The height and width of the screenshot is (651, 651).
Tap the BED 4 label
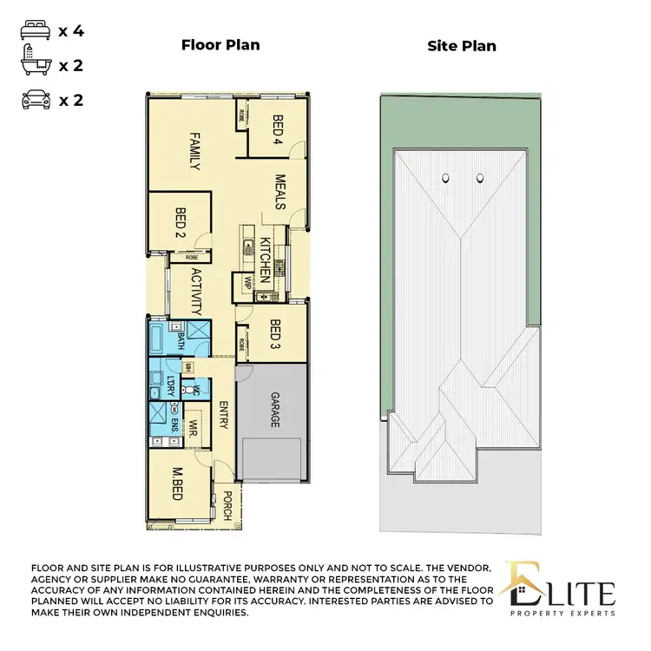pyautogui.click(x=279, y=129)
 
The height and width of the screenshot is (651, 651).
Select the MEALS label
pyautogui.click(x=280, y=191)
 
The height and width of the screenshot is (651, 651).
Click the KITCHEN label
pyautogui.click(x=266, y=257)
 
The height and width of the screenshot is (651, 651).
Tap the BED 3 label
pyautogui.click(x=275, y=336)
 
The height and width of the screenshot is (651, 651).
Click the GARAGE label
pyautogui.click(x=275, y=409)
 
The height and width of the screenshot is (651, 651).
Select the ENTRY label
pyautogui.click(x=223, y=415)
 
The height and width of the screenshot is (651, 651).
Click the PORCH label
pyautogui.click(x=227, y=505)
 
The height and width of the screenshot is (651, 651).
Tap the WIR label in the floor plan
pyautogui.click(x=194, y=429)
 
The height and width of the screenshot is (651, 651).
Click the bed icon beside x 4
pyautogui.click(x=32, y=32)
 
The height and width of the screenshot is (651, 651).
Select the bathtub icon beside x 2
pyautogui.click(x=32, y=66)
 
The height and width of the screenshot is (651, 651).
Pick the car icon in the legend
pyautogui.click(x=32, y=100)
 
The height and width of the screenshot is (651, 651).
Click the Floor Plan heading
pyautogui.click(x=220, y=45)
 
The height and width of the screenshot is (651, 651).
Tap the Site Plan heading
pyautogui.click(x=462, y=45)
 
